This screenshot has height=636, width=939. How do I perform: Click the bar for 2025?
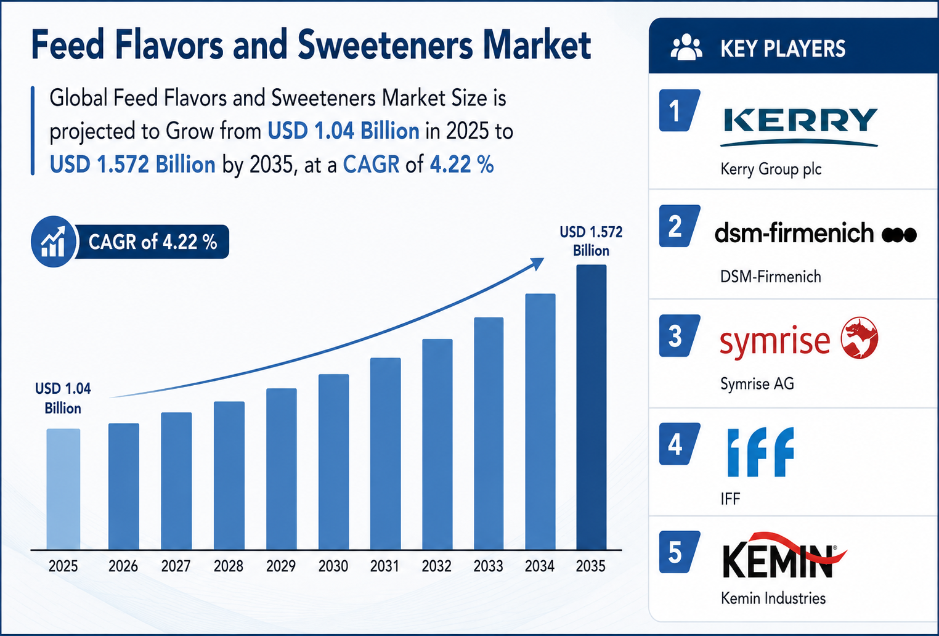point(63,489)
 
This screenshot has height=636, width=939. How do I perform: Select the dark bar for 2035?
point(591,407)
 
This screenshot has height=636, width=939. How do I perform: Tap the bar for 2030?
point(334,462)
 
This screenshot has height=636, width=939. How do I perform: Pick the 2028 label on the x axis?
point(229,566)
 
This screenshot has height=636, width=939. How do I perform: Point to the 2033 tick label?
point(489,566)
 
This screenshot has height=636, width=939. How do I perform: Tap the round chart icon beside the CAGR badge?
point(53,242)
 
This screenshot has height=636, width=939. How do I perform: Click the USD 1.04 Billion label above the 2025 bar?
point(63,398)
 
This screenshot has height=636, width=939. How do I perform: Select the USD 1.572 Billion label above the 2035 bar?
point(591,241)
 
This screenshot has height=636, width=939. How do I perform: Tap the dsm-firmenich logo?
point(815,234)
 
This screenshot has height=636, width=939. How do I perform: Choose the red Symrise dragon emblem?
point(860,338)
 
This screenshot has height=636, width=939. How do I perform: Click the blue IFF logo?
point(760,452)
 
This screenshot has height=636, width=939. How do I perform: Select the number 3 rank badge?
point(679,336)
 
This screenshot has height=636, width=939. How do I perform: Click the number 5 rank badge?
point(679,552)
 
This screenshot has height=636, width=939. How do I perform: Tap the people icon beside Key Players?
point(686,48)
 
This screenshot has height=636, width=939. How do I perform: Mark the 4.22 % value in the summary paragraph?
point(461,164)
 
